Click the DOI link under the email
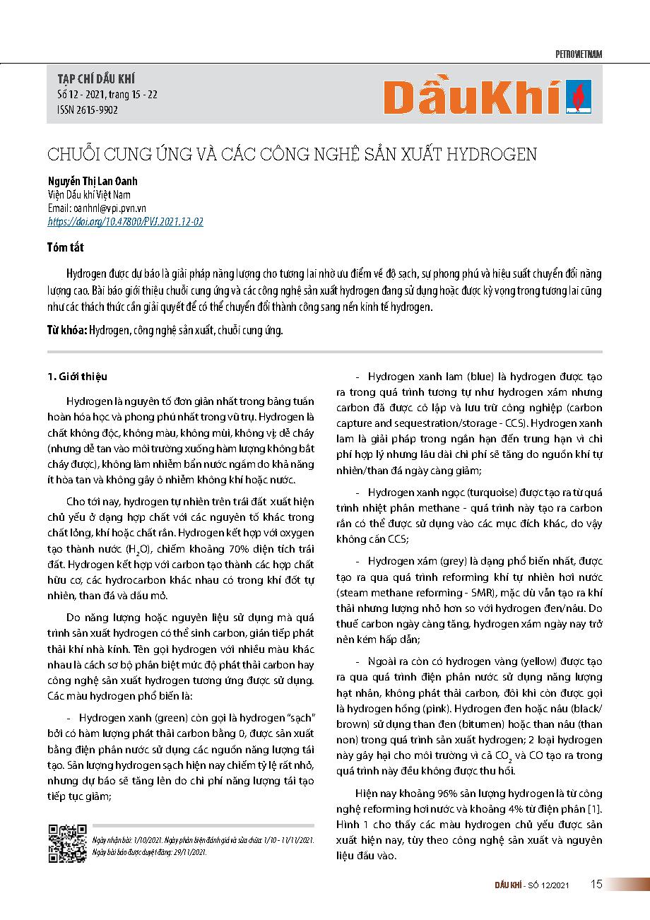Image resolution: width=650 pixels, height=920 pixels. coord(125,221)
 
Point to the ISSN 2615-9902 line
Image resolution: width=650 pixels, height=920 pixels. coord(87,110)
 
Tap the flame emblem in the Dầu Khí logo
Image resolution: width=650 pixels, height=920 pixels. coord(583,97)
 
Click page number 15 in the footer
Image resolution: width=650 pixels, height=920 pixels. coord(596,885)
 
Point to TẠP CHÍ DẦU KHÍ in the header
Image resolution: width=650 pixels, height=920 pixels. coord(95,78)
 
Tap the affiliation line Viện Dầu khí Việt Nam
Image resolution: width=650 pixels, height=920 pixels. coord(88,195)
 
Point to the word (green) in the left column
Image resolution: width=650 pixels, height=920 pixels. coord(153,715)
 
